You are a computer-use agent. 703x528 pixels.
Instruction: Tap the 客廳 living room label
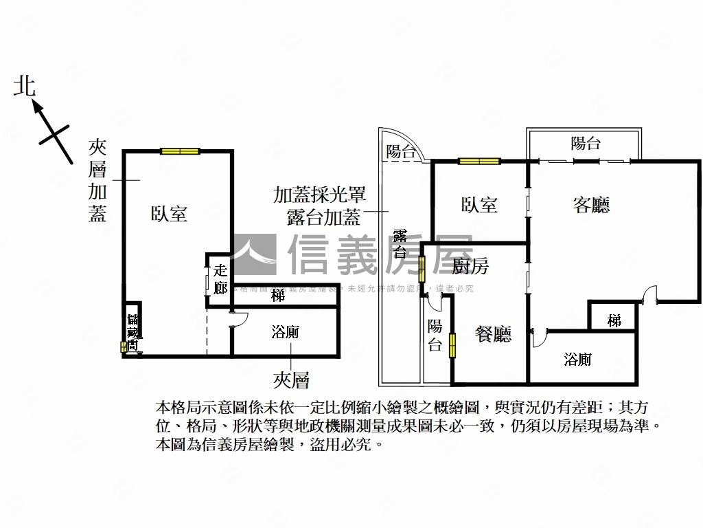tap(591, 204)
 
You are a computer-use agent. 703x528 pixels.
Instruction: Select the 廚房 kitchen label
tap(471, 265)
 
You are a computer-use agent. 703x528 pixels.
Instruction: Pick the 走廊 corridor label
tap(220, 279)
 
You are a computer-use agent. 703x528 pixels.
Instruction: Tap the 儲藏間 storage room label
tap(132, 333)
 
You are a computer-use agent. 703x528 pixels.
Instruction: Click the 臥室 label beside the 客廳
tap(479, 204)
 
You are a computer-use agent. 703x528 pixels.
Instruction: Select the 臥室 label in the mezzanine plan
tap(169, 213)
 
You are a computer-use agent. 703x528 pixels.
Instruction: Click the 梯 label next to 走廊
tap(277, 296)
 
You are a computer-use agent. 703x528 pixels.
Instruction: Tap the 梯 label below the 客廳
tap(614, 320)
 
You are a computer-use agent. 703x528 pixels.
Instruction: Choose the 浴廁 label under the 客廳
tap(577, 359)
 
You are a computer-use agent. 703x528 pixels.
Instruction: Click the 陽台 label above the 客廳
tap(586, 143)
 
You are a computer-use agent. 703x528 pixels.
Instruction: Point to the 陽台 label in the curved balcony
tap(401, 151)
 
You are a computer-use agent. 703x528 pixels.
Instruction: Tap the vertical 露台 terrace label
tap(400, 243)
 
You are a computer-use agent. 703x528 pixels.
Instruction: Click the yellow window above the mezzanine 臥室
tap(180, 151)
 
